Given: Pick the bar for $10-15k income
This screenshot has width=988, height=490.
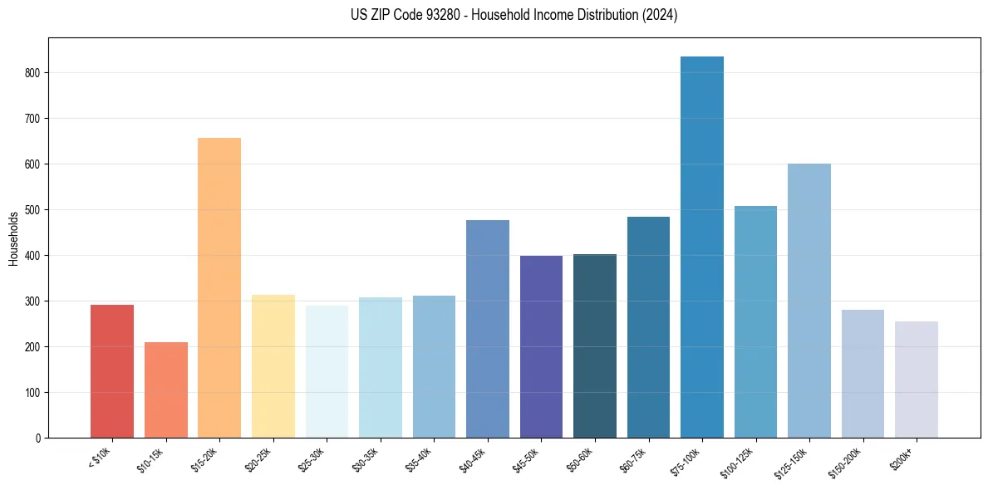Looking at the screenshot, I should point(166,390).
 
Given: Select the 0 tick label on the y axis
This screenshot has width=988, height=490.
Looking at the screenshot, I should point(37,439).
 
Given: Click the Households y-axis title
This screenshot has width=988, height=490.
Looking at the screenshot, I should point(13,238).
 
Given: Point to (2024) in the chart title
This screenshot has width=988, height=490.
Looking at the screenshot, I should point(659,15).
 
